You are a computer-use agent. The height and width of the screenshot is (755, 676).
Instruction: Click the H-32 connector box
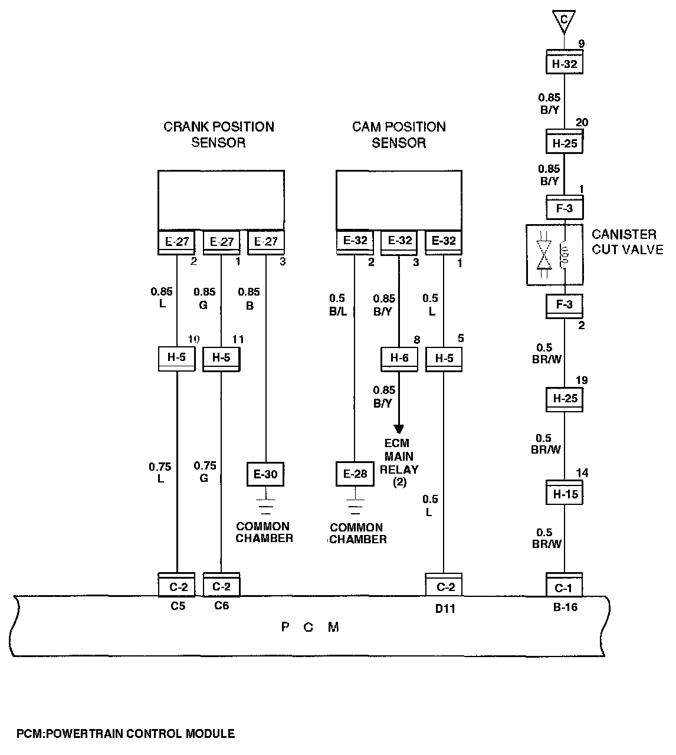pos(565,63)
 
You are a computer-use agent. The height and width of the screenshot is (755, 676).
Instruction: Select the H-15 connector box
pos(565,494)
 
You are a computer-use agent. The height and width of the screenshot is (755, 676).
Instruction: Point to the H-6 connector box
pos(399,357)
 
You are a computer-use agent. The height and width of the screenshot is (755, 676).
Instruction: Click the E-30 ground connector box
pos(265,474)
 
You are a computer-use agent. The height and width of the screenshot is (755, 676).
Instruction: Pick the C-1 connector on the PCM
pos(564,586)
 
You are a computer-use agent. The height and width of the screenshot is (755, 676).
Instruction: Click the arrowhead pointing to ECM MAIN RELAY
pos(399,428)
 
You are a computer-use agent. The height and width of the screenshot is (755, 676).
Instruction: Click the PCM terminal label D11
pos(445,608)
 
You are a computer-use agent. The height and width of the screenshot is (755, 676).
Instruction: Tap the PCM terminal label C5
pos(178,606)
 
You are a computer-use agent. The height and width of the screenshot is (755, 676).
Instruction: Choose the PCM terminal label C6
pos(221,606)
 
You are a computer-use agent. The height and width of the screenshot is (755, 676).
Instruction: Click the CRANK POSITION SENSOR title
pos(218,134)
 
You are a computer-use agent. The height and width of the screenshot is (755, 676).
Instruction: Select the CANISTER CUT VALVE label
pos(627,242)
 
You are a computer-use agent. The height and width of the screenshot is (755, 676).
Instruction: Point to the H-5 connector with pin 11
pos(221,357)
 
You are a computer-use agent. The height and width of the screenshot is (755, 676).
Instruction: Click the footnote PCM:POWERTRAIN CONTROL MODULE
pos(126,734)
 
